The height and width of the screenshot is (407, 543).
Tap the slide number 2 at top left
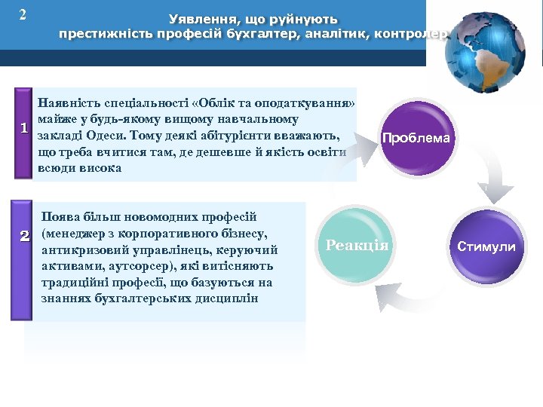pyautogui.click(x=23, y=14)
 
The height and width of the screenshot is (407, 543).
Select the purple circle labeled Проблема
pyautogui.click(x=416, y=138)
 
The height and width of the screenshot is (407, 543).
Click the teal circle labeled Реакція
pyautogui.click(x=357, y=245)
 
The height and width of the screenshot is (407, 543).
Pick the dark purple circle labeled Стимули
pyautogui.click(x=486, y=246)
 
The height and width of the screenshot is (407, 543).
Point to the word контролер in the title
pyautogui.click(x=415, y=34)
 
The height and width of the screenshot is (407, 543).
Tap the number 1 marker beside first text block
pyautogui.click(x=23, y=129)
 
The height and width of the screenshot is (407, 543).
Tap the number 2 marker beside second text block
pyautogui.click(x=23, y=237)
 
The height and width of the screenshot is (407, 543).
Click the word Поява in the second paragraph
pyautogui.click(x=63, y=217)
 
